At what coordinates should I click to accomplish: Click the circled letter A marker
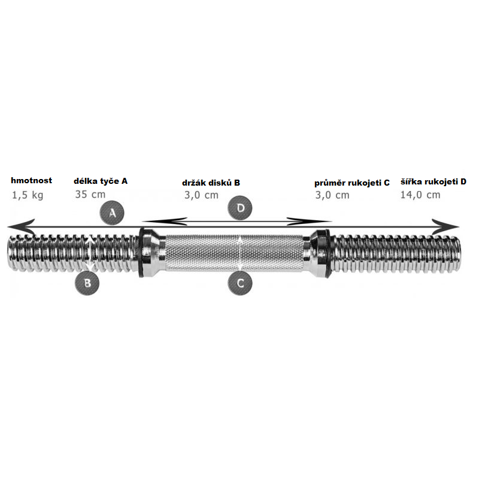click(112, 213)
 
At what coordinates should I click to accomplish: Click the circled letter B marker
click(87, 283)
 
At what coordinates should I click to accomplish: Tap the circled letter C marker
click(240, 283)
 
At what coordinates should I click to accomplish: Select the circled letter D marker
click(240, 208)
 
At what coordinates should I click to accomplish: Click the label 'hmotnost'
click(32, 181)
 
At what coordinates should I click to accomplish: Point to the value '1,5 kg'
click(28, 195)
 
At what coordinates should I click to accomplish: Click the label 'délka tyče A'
click(101, 181)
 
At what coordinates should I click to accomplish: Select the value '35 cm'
click(90, 194)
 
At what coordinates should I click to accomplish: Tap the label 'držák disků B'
click(211, 183)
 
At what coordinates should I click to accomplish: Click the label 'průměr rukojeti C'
click(352, 183)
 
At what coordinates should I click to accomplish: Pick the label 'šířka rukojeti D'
click(433, 182)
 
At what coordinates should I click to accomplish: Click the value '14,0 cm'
click(420, 195)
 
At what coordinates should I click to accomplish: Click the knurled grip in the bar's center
click(234, 253)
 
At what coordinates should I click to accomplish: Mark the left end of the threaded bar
click(8, 253)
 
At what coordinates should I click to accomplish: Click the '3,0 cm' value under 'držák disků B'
click(201, 195)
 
